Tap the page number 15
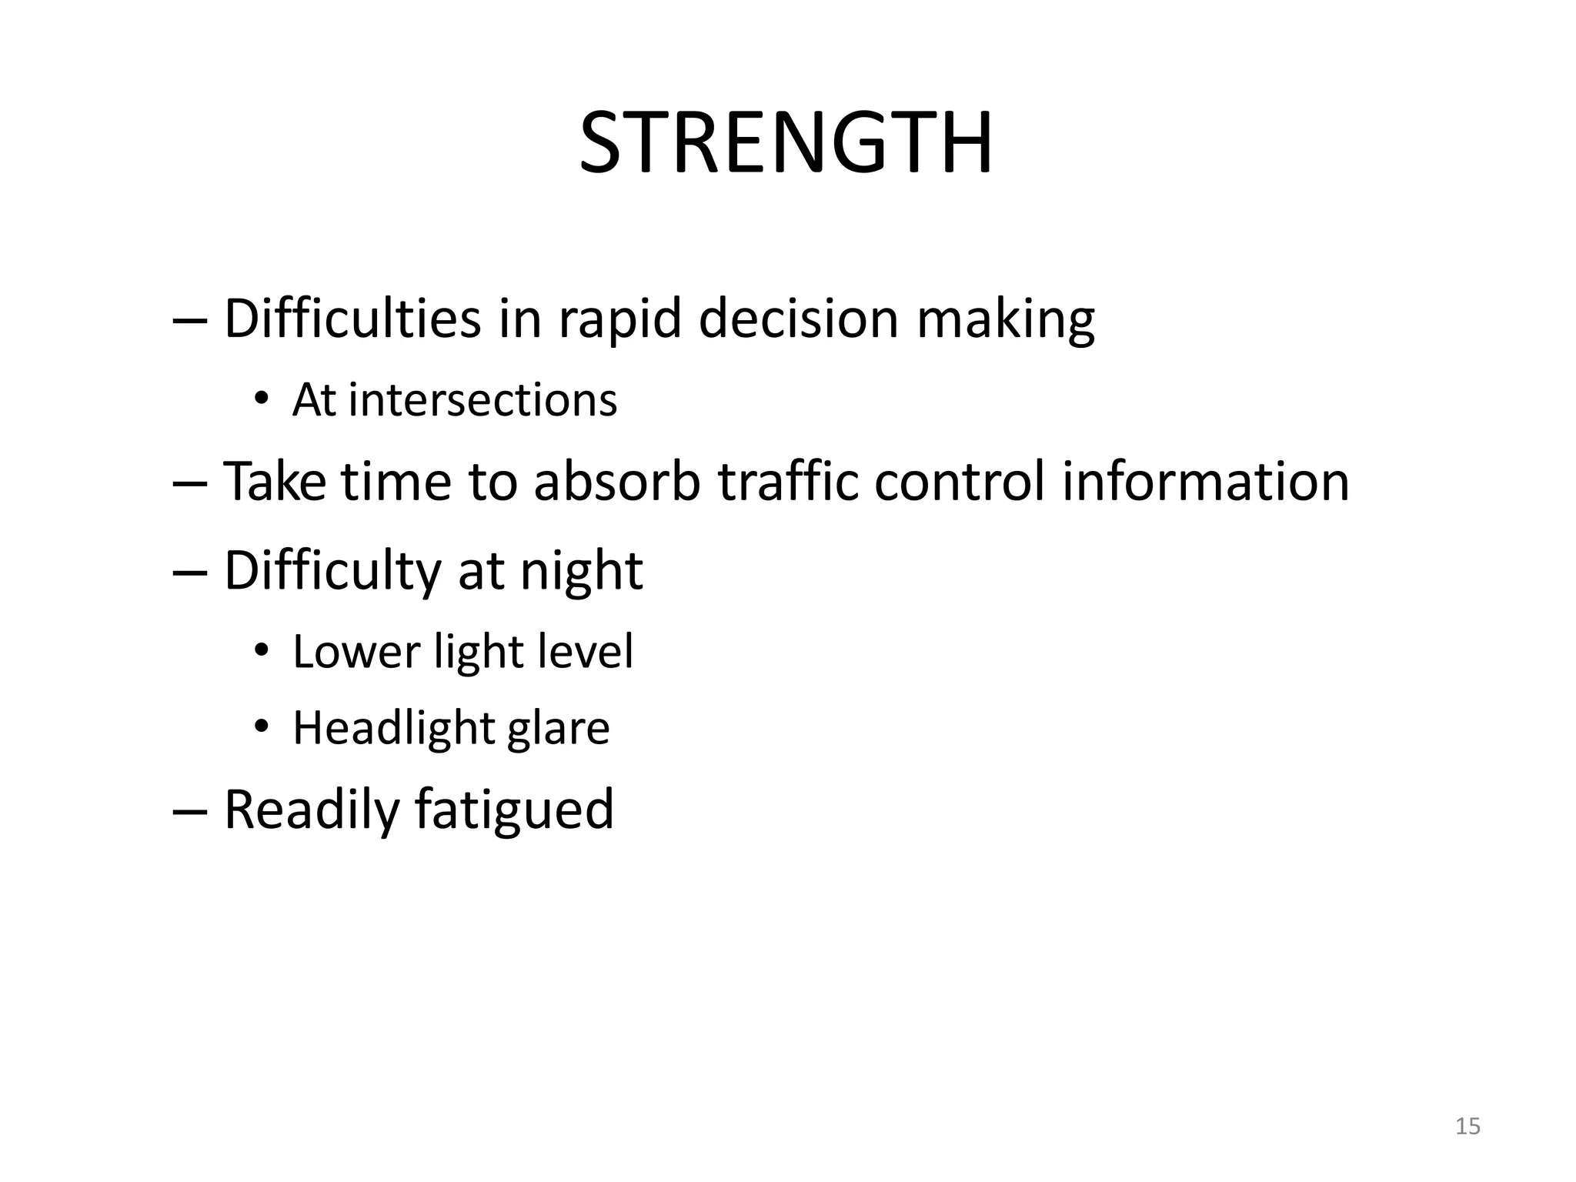tap(1467, 1127)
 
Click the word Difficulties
tap(352, 318)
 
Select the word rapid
tap(619, 319)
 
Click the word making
tap(1005, 319)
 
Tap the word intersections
tap(482, 400)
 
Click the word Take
tap(274, 482)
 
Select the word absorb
tap(616, 482)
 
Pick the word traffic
tap(788, 482)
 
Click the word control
tap(959, 482)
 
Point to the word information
tap(1205, 482)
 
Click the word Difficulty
tap(332, 572)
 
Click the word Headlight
tap(393, 728)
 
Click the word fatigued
tap(514, 810)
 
